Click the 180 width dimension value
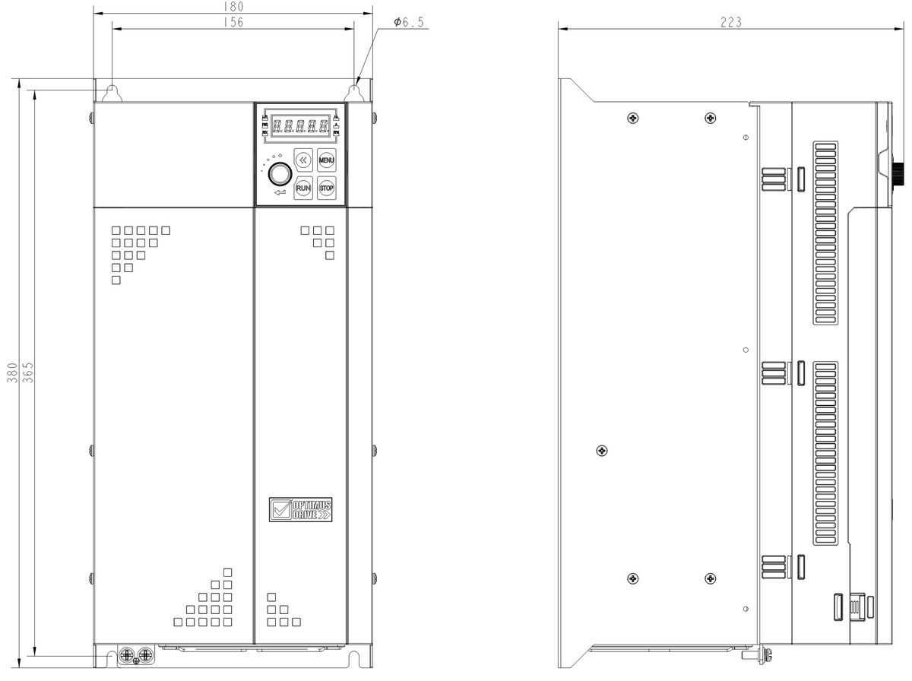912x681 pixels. (x=233, y=6)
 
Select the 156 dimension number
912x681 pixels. (x=233, y=21)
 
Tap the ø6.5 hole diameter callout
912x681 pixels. (x=409, y=22)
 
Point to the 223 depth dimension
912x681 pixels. (x=731, y=22)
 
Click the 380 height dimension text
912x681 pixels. (x=12, y=372)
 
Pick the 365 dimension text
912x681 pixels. (x=27, y=372)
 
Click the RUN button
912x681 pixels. (x=303, y=188)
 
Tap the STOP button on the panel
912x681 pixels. (x=327, y=188)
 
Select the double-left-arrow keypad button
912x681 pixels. (x=303, y=160)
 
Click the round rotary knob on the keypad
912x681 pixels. (x=280, y=174)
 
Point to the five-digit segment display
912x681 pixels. (x=300, y=125)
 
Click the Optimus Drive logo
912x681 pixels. (x=300, y=509)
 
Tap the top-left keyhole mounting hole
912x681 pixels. (x=112, y=93)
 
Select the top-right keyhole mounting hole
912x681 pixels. (x=354, y=93)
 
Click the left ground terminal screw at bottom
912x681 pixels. (x=126, y=655)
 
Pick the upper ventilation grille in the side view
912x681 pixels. (x=825, y=233)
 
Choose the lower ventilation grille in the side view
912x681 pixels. (x=825, y=453)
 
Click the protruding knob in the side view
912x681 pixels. (x=899, y=174)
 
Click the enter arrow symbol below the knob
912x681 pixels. (x=280, y=192)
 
